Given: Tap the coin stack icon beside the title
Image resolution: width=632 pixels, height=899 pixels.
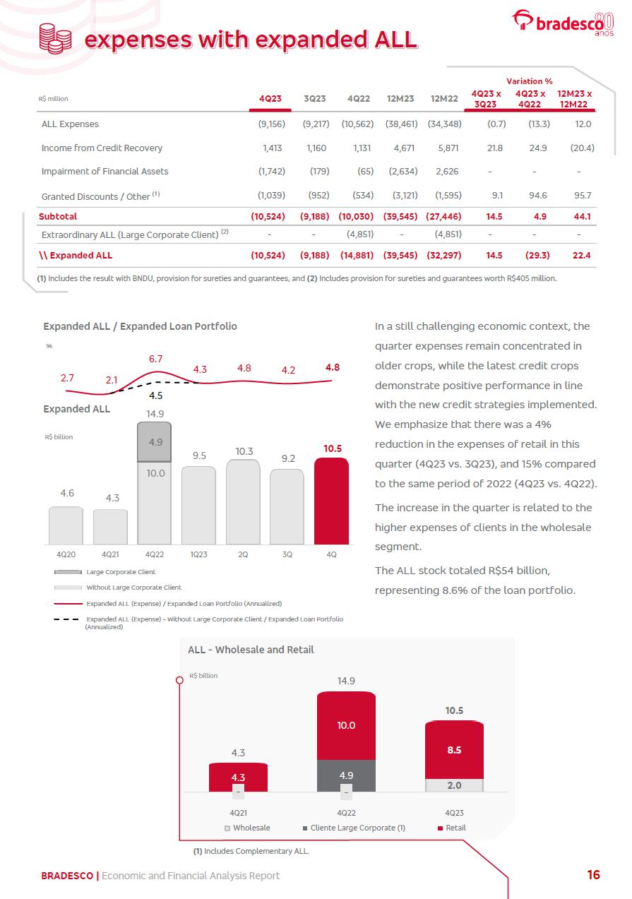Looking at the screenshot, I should [x=55, y=37].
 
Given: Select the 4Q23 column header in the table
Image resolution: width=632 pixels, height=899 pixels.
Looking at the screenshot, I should [x=270, y=99].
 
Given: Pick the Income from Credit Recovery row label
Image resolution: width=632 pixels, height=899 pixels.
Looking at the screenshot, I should [x=102, y=148].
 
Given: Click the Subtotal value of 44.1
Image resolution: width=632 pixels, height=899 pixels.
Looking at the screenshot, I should [x=581, y=216].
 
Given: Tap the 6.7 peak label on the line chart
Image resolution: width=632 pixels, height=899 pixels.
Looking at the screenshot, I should [x=156, y=359].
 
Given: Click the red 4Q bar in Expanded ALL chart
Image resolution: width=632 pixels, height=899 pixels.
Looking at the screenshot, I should [x=331, y=501].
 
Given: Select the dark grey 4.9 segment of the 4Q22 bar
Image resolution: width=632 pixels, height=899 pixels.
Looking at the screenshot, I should [x=155, y=441].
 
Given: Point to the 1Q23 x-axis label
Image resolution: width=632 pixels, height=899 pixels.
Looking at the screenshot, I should [x=198, y=554].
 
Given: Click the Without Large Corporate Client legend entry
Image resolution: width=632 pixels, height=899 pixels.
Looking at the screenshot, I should [x=133, y=588].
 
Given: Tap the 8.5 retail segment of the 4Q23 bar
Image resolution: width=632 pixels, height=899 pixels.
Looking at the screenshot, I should [x=454, y=750].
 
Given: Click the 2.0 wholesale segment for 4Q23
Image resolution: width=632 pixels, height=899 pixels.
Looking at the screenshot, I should [x=454, y=785].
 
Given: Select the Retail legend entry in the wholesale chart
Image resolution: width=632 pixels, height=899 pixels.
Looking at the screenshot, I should [x=451, y=828].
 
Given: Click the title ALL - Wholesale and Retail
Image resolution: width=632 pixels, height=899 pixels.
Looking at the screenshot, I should [x=251, y=650].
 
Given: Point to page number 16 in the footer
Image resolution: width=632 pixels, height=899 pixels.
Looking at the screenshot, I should [x=593, y=875].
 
